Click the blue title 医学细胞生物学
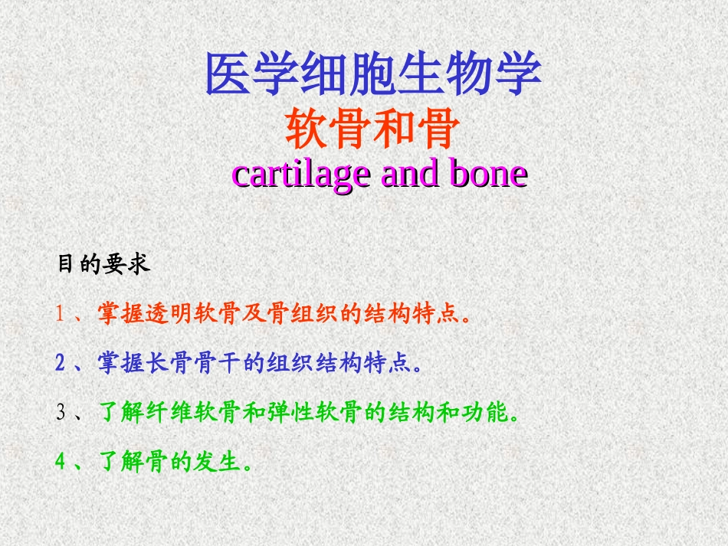pyautogui.click(x=373, y=74)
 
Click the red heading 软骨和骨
pyautogui.click(x=372, y=129)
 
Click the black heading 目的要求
pyautogui.click(x=103, y=265)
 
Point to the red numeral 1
pyautogui.click(x=61, y=314)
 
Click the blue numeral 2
pyautogui.click(x=61, y=363)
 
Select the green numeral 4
pyautogui.click(x=61, y=463)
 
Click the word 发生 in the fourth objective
pyautogui.click(x=217, y=463)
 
